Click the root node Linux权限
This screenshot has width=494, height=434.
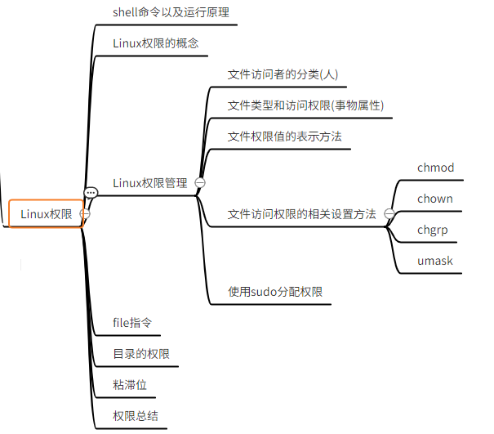pos(46,214)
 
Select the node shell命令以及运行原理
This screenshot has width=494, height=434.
pos(171,11)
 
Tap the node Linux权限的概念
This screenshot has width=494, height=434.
pos(155,43)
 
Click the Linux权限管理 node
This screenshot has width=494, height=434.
pos(150,183)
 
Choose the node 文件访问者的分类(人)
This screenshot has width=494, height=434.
pos(283,74)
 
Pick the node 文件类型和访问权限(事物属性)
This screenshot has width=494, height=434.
pos(305,105)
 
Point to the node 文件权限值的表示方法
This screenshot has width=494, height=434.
pos(284,136)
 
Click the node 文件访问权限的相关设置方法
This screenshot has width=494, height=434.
pos(301,214)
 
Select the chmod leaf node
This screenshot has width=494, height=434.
pos(435,168)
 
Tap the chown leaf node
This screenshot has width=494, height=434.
pos(434,199)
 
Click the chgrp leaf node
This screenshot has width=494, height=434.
pos(432,230)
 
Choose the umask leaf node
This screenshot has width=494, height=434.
pos(434,261)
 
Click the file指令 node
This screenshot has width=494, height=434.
pos(132,323)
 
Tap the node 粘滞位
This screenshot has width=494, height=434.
pos(130,385)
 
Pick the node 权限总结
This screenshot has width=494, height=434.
pos(135,416)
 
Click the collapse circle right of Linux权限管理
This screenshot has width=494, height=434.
pos(199,183)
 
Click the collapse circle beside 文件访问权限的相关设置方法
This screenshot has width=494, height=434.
pos(389,214)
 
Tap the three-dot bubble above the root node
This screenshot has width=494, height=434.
pos(91,194)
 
